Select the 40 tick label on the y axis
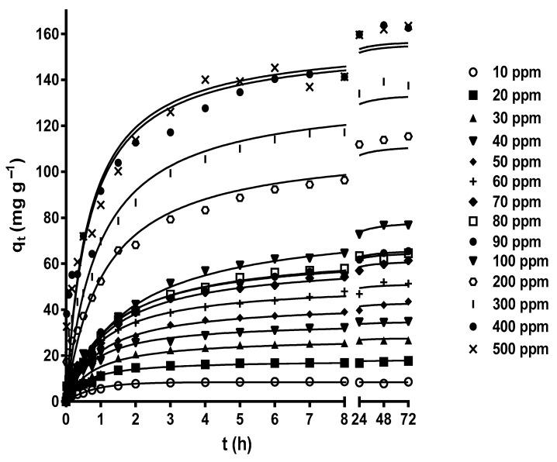[x=51, y=309]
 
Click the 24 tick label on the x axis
[x=359, y=419]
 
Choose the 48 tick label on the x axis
[x=383, y=419]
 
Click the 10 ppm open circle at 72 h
[x=408, y=382]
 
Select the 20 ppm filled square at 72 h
[x=408, y=361]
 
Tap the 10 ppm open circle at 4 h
[x=205, y=382]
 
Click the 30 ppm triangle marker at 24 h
[x=359, y=341]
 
